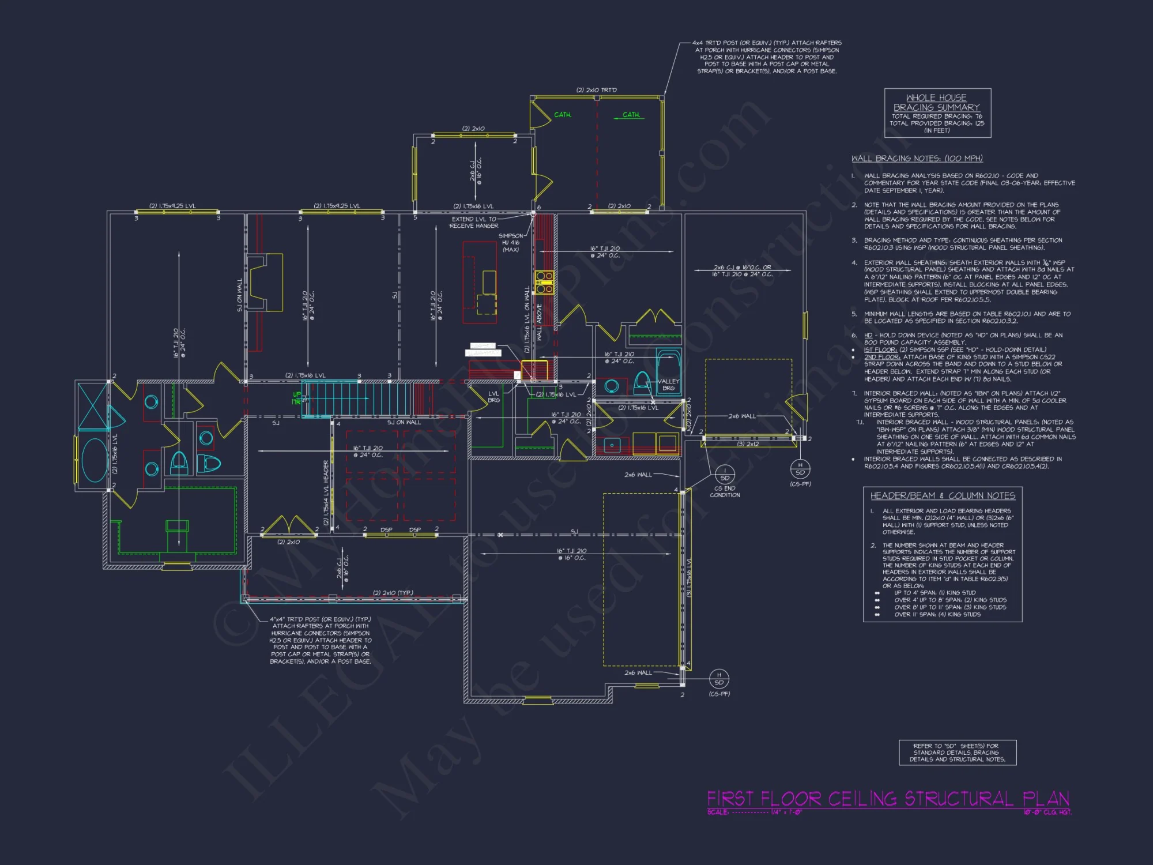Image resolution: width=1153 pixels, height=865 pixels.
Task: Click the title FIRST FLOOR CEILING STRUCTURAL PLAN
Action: (888, 799)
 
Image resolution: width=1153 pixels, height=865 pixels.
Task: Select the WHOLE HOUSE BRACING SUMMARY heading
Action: (937, 103)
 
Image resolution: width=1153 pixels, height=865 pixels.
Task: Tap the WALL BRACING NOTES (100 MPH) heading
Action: (917, 159)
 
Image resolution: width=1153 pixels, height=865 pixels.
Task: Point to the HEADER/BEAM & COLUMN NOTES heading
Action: (943, 496)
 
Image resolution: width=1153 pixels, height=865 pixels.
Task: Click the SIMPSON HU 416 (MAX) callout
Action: (511, 243)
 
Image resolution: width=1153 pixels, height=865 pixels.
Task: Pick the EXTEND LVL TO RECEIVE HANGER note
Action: (474, 223)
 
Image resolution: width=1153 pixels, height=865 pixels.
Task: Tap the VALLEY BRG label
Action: (668, 385)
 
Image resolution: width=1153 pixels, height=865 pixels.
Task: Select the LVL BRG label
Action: (493, 397)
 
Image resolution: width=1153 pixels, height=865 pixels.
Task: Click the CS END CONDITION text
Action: (725, 492)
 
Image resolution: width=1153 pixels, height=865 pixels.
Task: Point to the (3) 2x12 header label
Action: (748, 444)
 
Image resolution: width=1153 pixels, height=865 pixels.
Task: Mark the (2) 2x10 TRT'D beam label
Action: (596, 90)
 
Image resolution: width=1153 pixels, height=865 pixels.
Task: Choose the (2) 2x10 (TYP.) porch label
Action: (393, 593)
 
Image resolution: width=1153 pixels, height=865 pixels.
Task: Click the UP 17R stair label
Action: (296, 398)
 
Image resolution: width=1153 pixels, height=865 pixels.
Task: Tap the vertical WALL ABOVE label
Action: (540, 322)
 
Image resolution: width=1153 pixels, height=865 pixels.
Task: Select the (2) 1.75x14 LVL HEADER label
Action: (326, 492)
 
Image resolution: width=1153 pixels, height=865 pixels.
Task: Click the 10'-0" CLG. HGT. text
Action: (1048, 812)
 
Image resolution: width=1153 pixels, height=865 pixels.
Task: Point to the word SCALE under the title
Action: (718, 812)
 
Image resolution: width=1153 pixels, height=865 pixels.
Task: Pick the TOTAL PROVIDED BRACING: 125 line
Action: (937, 123)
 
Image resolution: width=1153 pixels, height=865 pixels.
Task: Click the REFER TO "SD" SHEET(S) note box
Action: (957, 753)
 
